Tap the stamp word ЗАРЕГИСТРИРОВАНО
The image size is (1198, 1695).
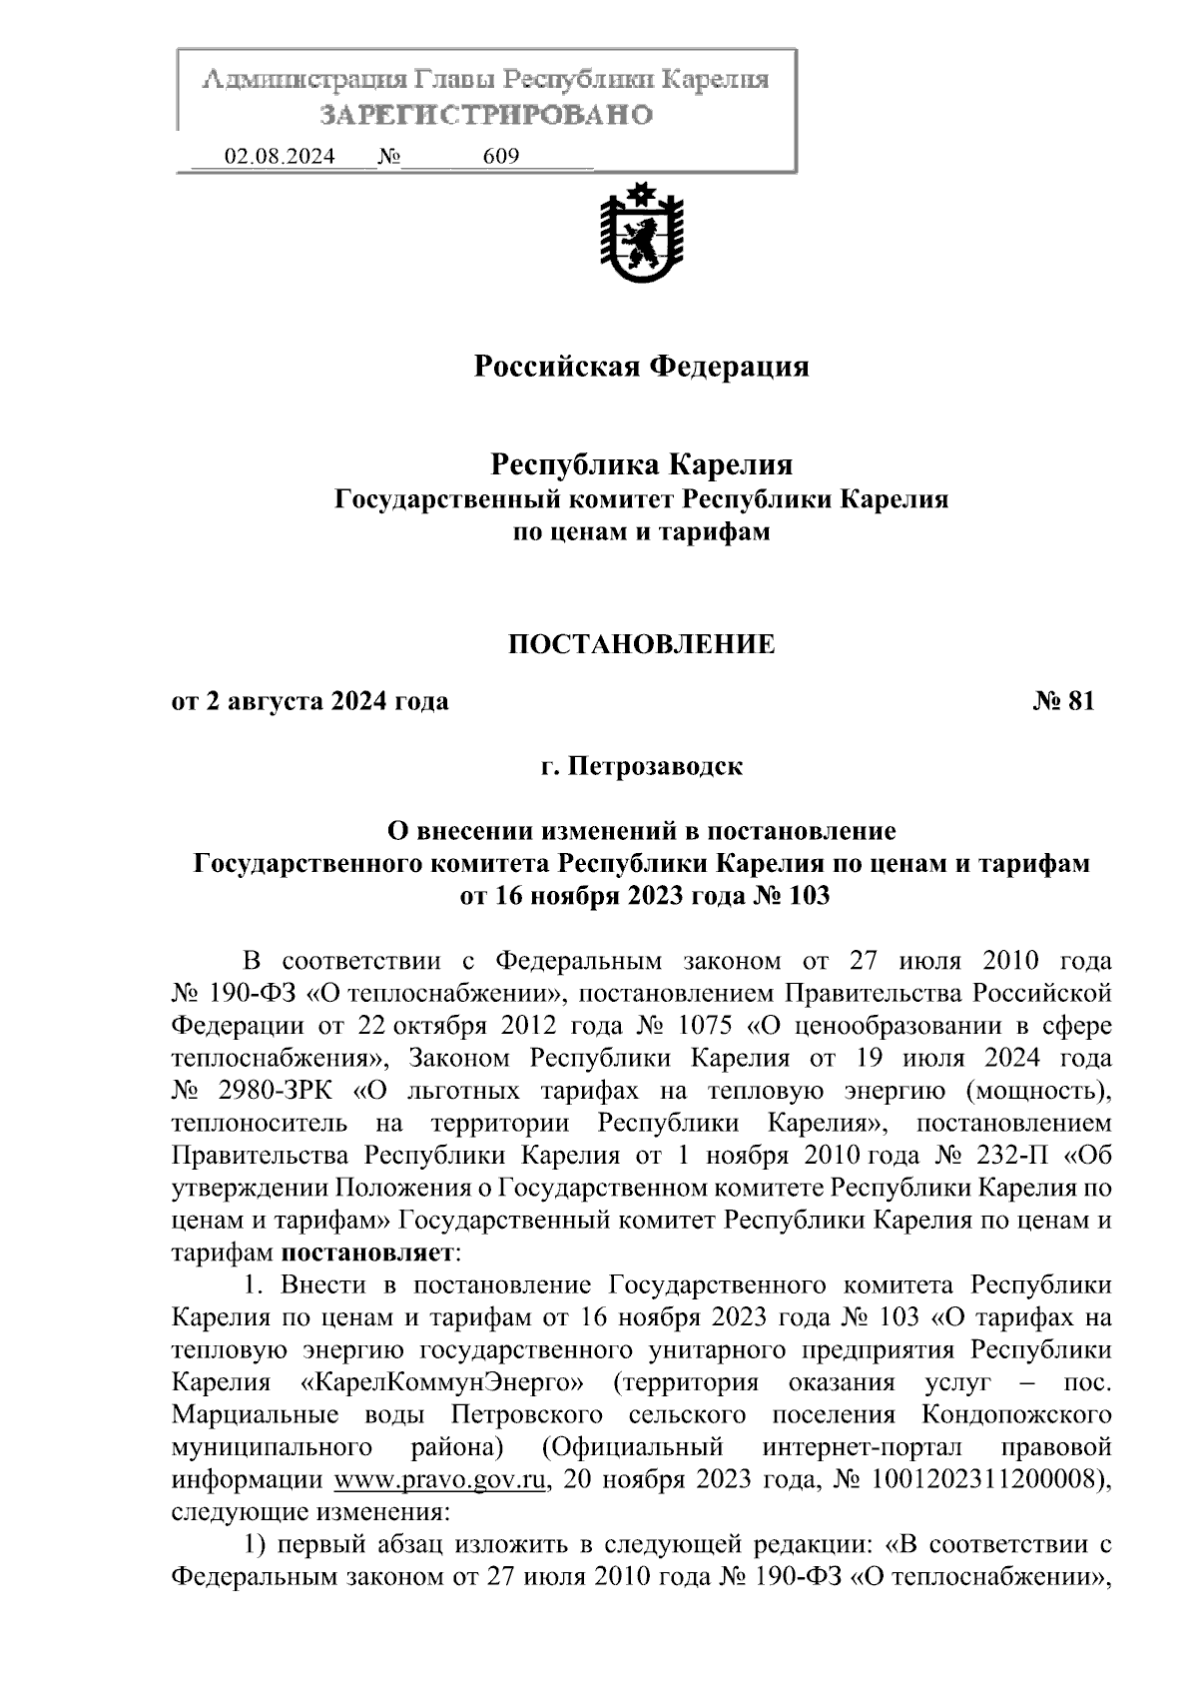click(486, 115)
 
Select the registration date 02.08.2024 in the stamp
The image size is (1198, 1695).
click(280, 157)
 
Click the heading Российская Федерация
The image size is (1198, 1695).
click(640, 367)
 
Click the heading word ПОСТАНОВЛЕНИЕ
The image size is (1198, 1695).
click(641, 644)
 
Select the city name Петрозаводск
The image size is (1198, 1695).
click(655, 767)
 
